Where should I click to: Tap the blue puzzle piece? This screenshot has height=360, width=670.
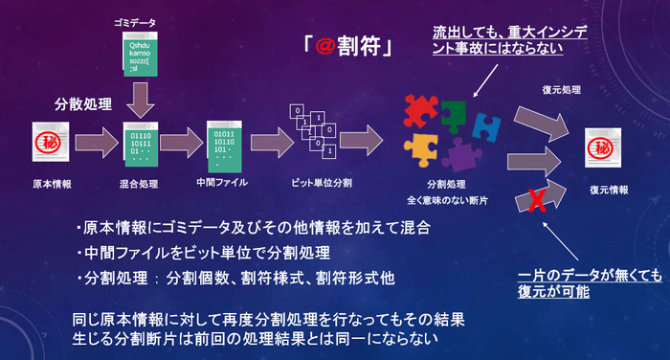coord(487,124)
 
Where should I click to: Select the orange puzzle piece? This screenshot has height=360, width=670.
coord(421,148)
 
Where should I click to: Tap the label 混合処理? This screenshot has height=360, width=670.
coord(139,182)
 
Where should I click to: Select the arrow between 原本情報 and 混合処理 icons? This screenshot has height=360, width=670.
coord(93,145)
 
